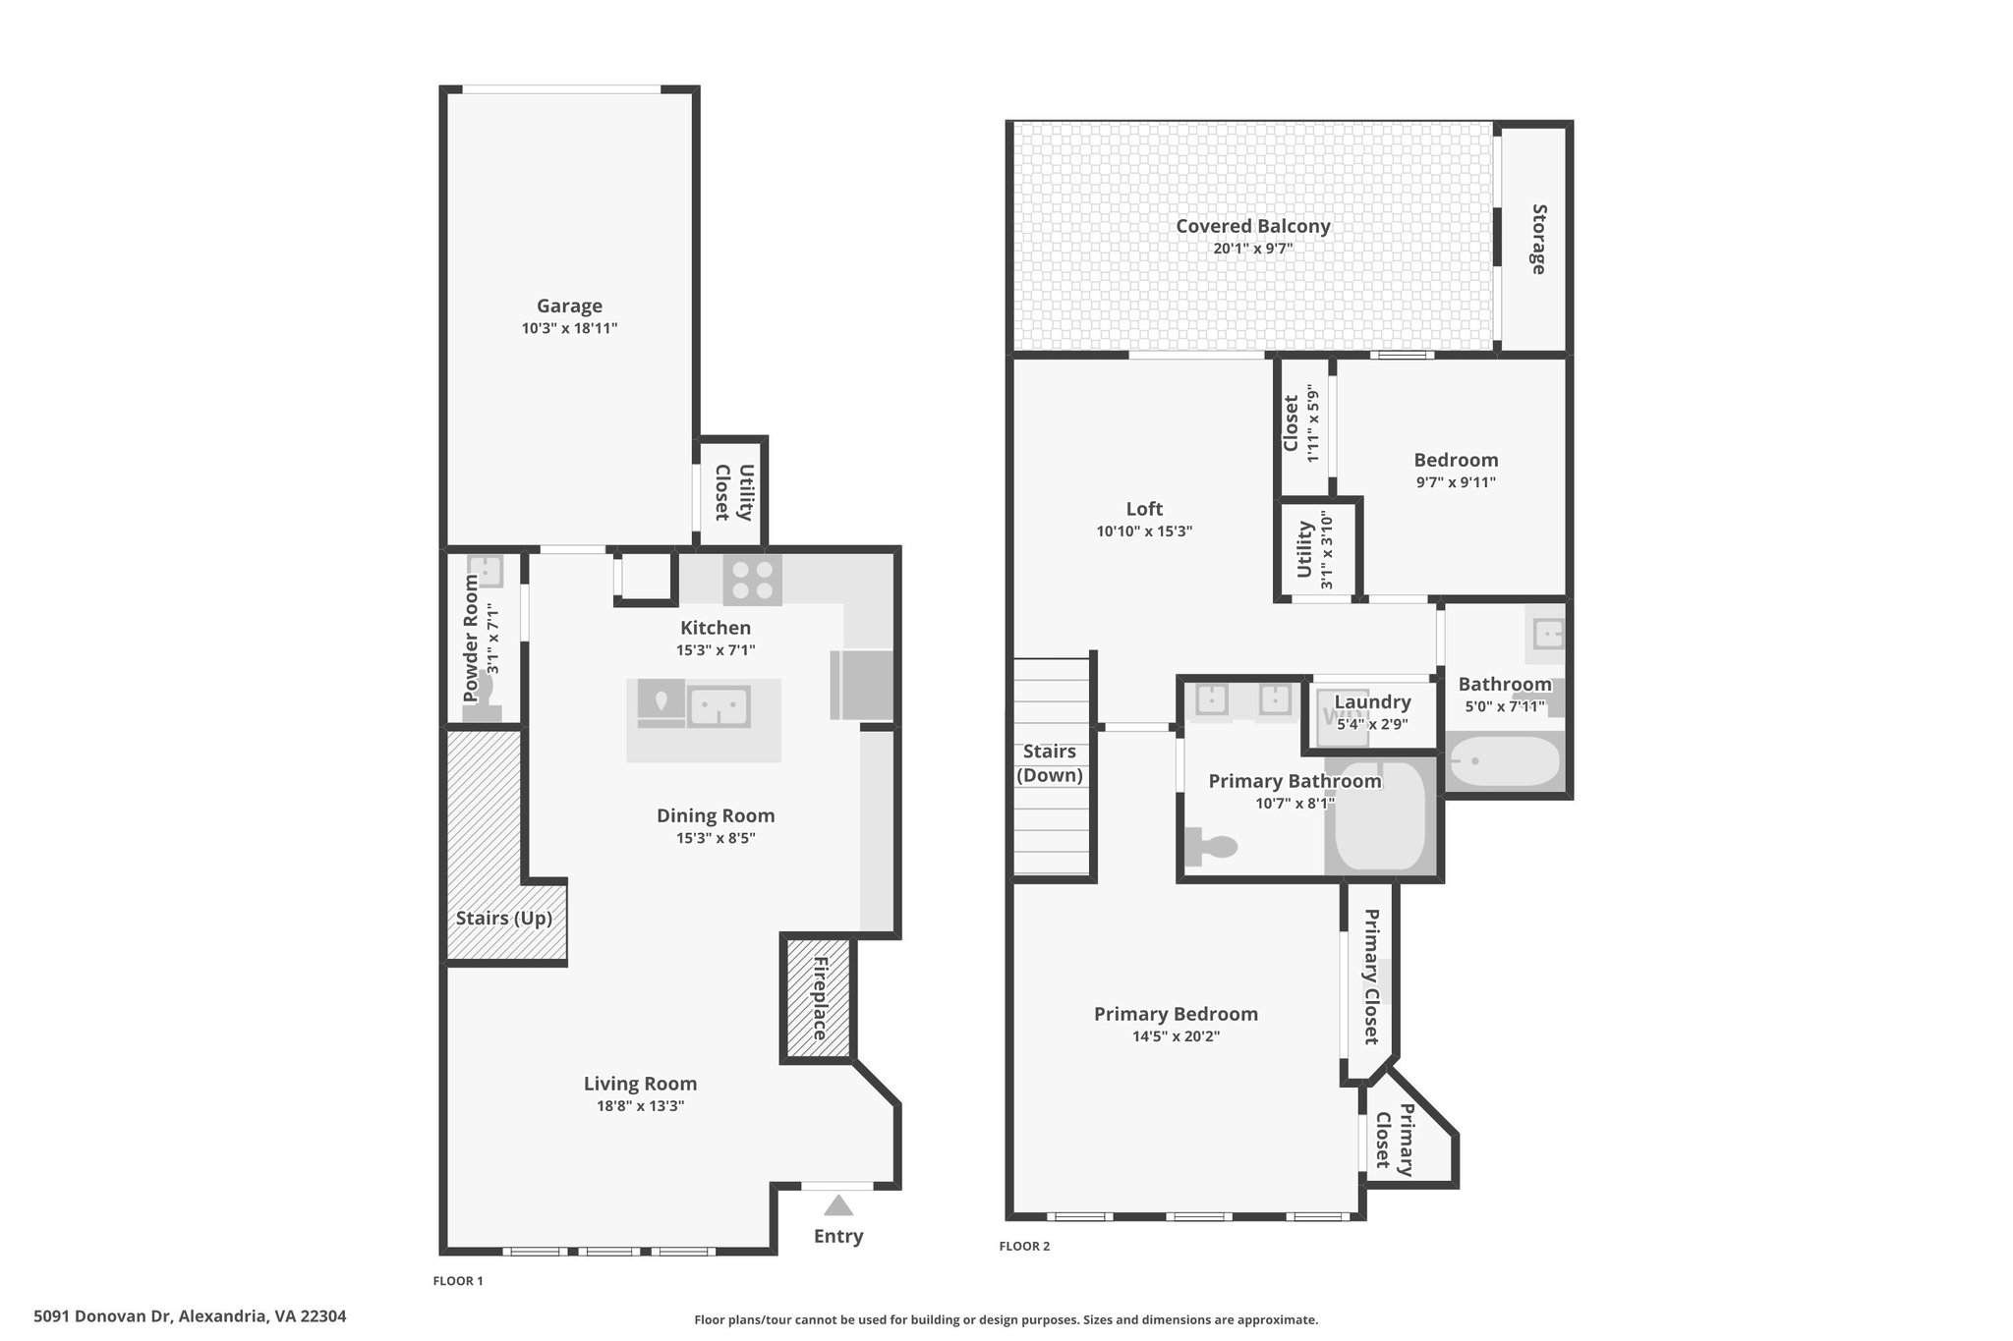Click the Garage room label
click(569, 307)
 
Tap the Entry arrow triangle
click(838, 1205)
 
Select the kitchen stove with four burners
click(753, 580)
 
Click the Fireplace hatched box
click(819, 998)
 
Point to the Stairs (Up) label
click(504, 919)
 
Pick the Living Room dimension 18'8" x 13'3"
click(641, 1106)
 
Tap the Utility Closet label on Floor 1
click(733, 492)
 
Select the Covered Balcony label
click(1253, 226)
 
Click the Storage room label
click(1538, 239)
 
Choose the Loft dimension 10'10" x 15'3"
click(1144, 531)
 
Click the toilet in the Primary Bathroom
click(1210, 847)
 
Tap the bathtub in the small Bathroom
click(1505, 761)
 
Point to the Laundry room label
click(1372, 702)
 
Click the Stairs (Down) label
click(1050, 763)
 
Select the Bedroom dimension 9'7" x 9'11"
click(1456, 482)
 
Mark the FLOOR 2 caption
click(1024, 1247)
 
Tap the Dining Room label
click(716, 815)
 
